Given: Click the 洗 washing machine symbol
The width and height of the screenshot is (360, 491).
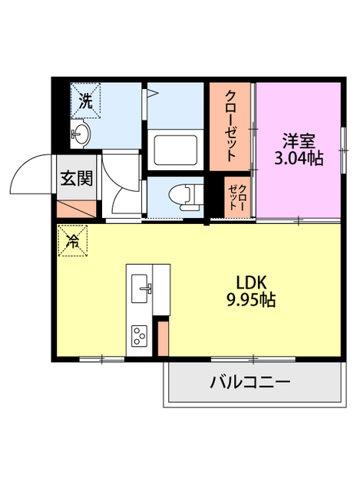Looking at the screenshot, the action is point(85,101).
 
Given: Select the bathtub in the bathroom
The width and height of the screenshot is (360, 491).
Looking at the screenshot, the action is point(176,150).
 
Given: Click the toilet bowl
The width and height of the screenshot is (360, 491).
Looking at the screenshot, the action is point(184,196).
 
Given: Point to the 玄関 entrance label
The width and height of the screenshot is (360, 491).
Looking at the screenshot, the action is point(77,178).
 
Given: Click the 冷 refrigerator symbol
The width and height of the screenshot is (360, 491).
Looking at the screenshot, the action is point(73,241).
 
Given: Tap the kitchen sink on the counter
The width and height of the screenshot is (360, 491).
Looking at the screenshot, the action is point(140,288).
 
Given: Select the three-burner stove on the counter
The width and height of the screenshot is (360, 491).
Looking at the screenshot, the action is point(140,336).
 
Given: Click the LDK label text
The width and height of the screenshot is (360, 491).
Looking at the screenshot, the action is point(251,282).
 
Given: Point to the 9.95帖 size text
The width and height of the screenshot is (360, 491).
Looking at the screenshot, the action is point(251,300).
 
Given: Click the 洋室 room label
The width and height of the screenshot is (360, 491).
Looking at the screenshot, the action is point(299,141).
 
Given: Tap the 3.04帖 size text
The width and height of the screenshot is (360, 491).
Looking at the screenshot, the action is point(299,158).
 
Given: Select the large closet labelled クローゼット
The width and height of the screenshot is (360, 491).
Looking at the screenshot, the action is point(230,127).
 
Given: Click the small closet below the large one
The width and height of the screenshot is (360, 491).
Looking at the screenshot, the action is point(237,197).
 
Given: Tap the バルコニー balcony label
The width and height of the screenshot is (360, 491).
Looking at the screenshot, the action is point(250,382).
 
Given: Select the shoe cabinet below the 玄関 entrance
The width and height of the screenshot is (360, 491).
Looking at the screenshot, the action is point(77,209).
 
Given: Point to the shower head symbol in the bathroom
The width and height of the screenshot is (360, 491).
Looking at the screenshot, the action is point(154,93).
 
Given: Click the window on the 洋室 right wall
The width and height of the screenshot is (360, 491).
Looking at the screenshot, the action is point(344,150).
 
